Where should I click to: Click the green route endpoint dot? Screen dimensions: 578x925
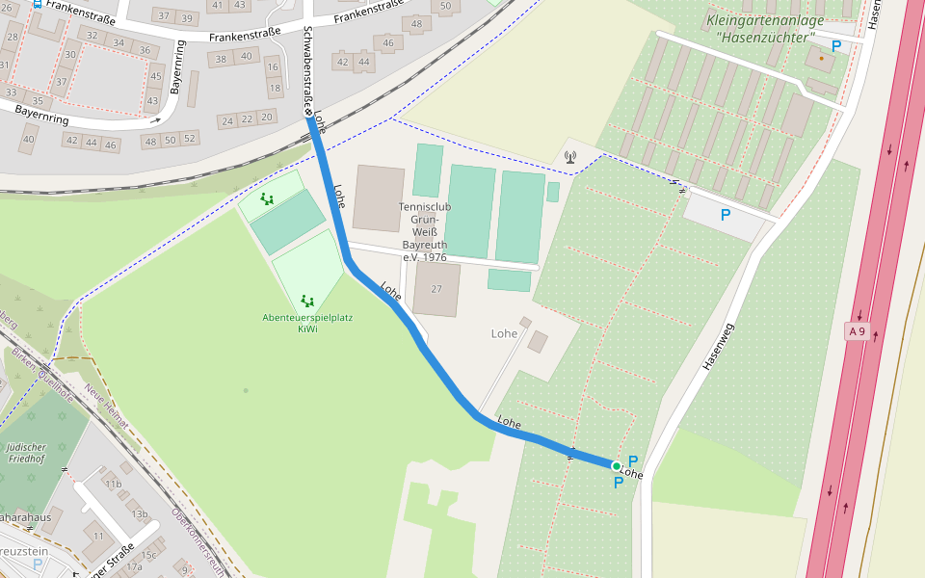(617, 466)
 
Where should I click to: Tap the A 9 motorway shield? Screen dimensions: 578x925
(857, 331)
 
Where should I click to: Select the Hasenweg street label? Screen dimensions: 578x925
(719, 345)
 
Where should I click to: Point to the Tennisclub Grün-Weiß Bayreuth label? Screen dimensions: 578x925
(425, 232)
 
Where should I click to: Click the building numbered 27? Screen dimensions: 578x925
(436, 289)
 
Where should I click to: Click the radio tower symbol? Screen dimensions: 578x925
(570, 156)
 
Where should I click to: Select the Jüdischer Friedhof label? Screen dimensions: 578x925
(25, 453)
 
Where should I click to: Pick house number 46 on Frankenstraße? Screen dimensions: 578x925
(388, 43)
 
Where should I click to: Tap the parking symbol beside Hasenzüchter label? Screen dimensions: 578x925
(835, 45)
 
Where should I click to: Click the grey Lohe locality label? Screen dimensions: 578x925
(504, 334)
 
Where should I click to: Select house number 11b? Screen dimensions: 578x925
(114, 484)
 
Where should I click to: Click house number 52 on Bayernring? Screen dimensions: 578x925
(189, 139)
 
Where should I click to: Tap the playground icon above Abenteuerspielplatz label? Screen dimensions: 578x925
(307, 301)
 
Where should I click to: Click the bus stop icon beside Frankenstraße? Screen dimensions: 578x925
(38, 4)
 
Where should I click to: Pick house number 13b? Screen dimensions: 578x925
(140, 514)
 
